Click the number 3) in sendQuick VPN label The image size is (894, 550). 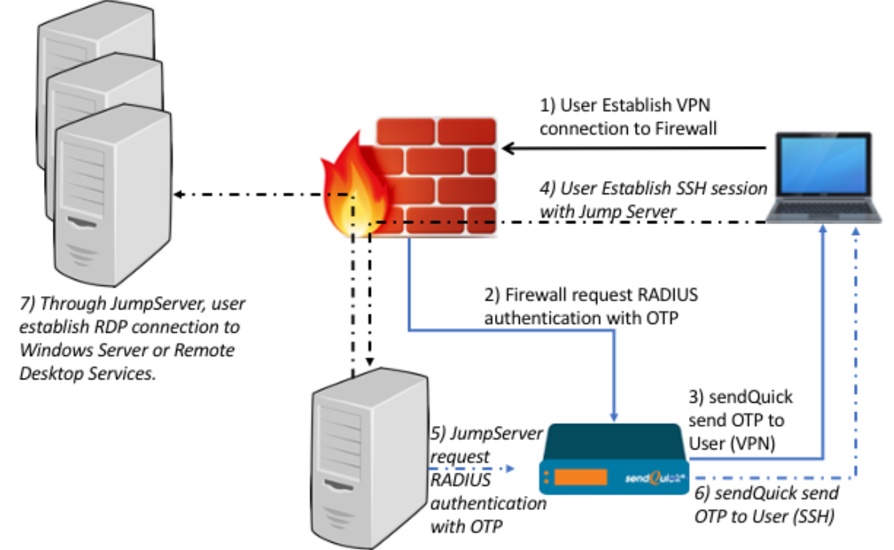(698, 398)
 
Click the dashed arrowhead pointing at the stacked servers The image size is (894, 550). (179, 195)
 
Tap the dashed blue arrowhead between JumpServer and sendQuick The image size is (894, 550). (511, 469)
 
